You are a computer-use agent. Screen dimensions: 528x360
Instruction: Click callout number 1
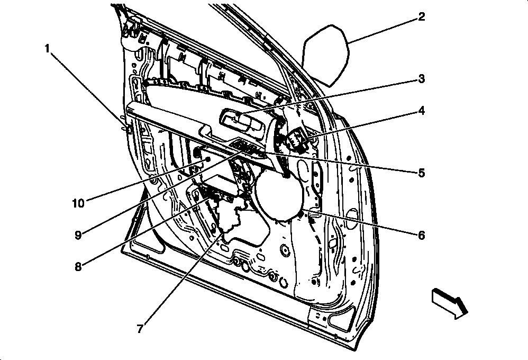tap(47, 49)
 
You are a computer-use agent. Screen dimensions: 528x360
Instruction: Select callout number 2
tap(422, 17)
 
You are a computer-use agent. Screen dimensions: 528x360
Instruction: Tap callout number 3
tap(422, 79)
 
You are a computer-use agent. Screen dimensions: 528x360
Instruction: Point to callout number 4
tap(422, 111)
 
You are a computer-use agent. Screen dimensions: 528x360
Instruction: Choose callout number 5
tap(422, 173)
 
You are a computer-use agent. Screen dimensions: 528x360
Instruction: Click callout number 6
tap(422, 235)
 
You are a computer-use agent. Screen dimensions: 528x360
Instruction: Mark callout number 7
tap(140, 328)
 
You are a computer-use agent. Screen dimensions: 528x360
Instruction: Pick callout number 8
tap(78, 267)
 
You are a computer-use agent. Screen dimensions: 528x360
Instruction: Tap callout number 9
tap(78, 235)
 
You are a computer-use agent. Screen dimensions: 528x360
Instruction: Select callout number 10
tap(78, 203)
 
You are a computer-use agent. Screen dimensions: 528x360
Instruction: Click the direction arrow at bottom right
tap(450, 303)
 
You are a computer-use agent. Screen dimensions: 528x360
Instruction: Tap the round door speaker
tap(279, 195)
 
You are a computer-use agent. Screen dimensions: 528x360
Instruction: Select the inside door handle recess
tap(242, 123)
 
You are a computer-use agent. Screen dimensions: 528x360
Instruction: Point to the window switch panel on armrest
tap(248, 148)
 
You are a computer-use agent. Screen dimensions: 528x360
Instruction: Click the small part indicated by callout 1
tap(128, 129)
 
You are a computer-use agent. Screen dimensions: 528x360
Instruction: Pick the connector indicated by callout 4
tap(296, 140)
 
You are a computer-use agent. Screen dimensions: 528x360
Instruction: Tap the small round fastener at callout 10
tap(208, 159)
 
